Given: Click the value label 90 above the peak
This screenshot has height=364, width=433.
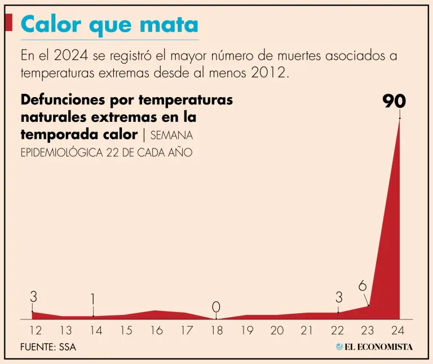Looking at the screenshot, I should tap(394, 101).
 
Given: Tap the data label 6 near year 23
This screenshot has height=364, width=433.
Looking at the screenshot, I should tap(363, 286).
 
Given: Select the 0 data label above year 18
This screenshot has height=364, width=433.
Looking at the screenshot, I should tap(216, 308).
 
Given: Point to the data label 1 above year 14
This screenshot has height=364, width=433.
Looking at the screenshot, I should tap(93, 299).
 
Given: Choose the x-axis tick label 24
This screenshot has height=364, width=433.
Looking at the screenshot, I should tap(397, 331).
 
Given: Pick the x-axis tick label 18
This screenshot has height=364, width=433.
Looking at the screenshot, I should tap(216, 331).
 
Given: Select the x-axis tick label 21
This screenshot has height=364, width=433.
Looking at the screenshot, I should tap(307, 331).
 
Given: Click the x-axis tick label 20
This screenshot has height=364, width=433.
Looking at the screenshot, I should tap(276, 331).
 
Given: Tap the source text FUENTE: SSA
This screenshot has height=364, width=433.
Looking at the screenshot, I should tap(48, 347).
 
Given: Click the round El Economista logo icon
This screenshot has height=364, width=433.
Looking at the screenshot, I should tap(339, 347).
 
